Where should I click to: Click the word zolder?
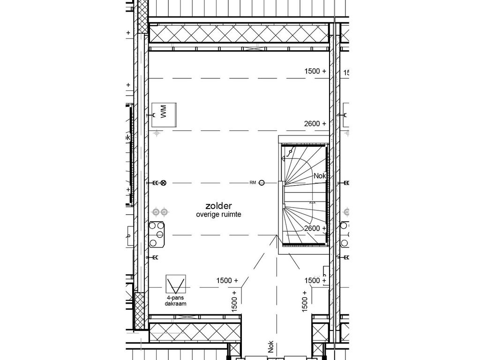(218, 206)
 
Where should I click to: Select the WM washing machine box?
(164, 114)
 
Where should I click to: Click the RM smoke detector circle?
(262, 182)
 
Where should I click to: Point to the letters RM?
(253, 182)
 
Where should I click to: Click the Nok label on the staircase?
(320, 176)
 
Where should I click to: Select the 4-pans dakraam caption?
(176, 301)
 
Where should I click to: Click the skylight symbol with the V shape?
(176, 285)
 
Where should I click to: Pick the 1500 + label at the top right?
(315, 71)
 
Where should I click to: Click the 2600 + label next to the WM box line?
(315, 124)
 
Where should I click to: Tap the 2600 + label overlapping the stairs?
(315, 228)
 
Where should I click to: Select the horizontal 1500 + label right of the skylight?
(227, 280)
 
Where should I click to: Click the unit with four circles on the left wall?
(157, 234)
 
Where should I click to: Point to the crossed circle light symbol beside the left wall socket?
(163, 182)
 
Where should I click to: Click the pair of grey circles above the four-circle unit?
(160, 212)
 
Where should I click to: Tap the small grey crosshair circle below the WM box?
(157, 134)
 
